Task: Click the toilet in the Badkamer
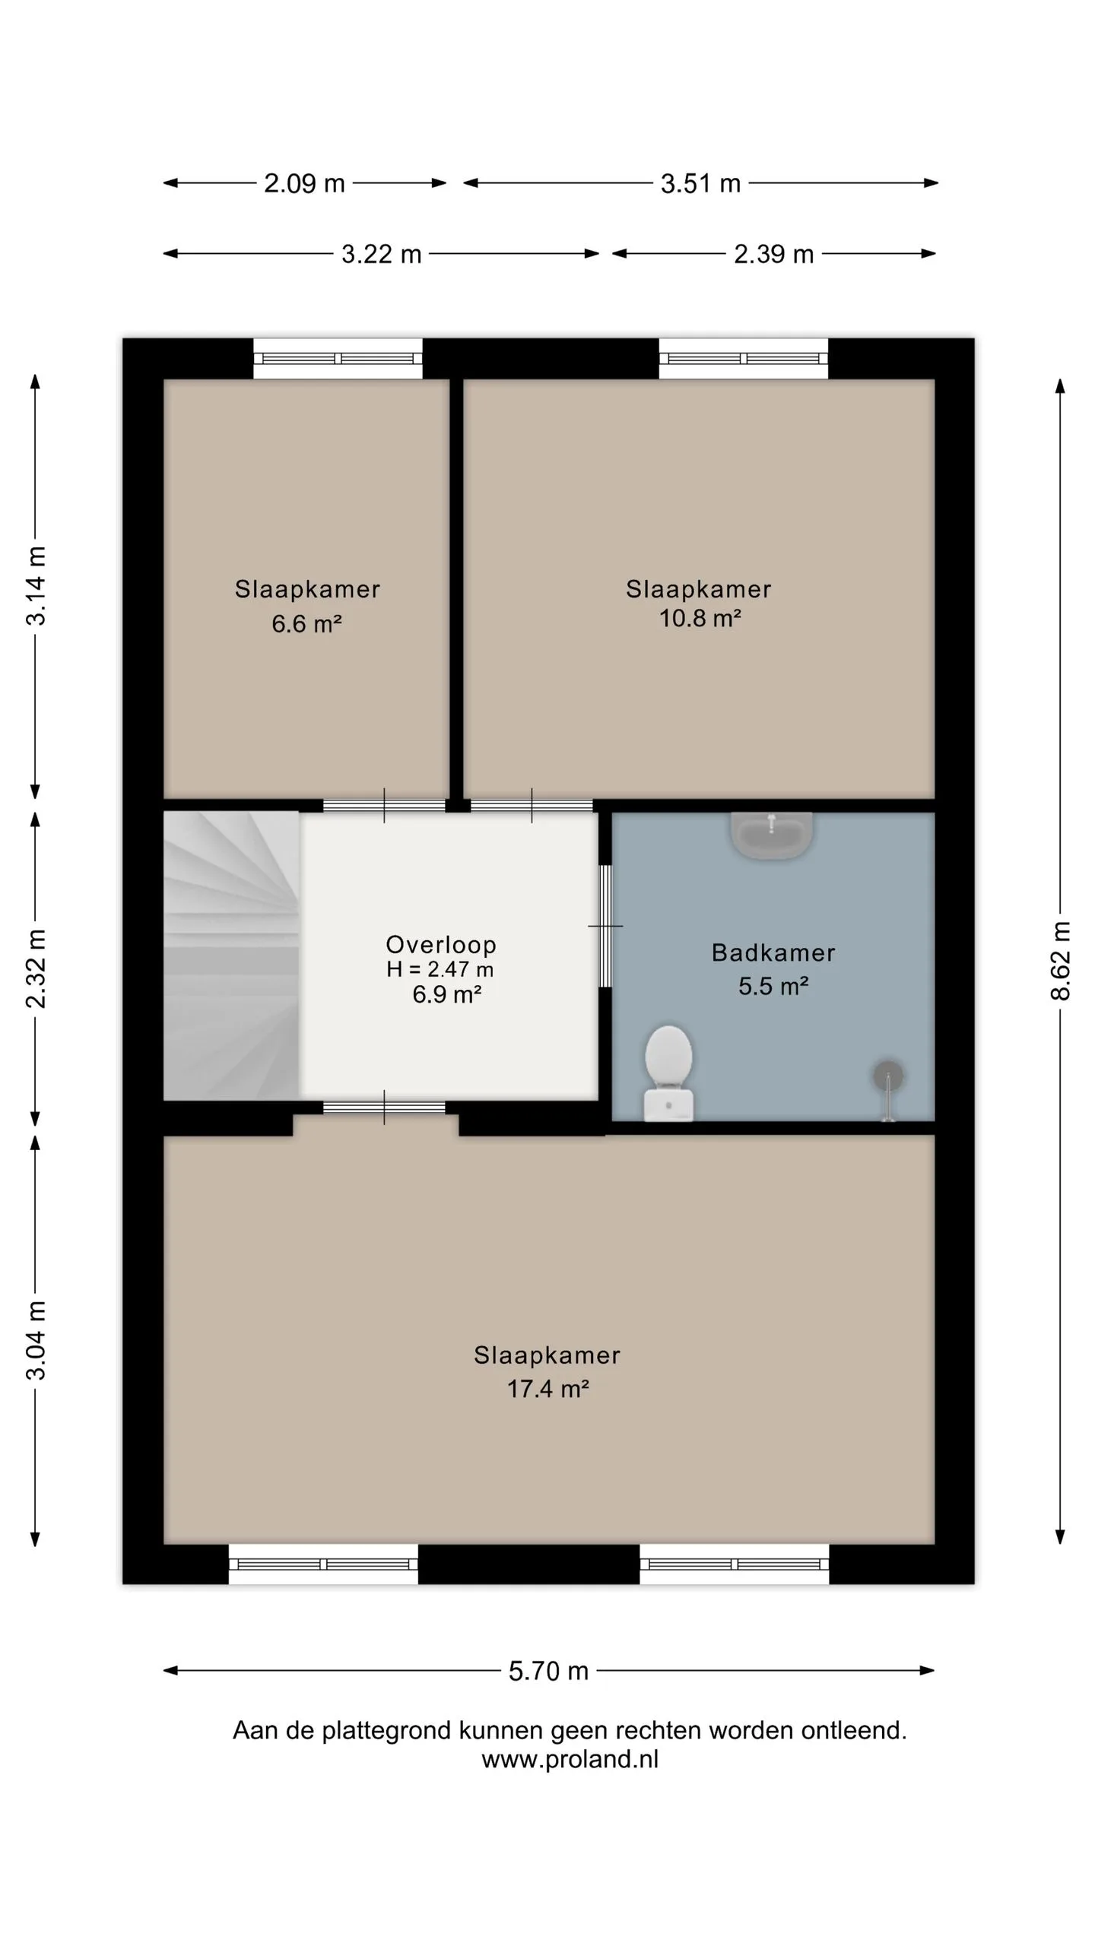(668, 1073)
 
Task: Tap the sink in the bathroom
(772, 835)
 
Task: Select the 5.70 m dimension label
(548, 1671)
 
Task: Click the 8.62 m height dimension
(1060, 960)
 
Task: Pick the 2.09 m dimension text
(304, 183)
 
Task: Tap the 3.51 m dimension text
(700, 183)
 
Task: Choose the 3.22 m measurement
(381, 254)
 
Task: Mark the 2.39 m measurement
(773, 254)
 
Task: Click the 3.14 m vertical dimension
(36, 585)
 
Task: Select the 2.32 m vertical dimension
(36, 968)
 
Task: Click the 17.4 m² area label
(547, 1389)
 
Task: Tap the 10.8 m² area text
(700, 618)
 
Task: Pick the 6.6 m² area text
(306, 624)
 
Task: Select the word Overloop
(441, 945)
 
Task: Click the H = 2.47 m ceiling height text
(440, 969)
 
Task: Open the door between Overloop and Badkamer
(605, 926)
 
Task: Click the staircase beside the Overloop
(231, 956)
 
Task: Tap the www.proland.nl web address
(570, 1759)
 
